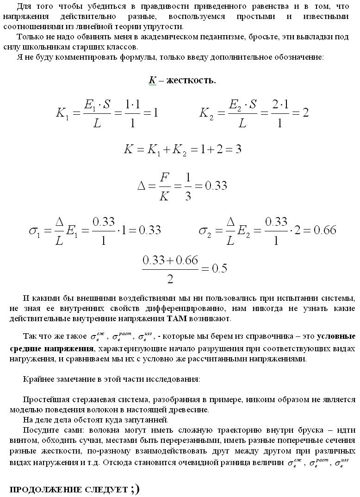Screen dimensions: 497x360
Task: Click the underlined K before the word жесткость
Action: (152, 81)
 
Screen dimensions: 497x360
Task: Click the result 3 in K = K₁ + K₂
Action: (239, 149)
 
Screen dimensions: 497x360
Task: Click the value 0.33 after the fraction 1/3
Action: (216, 186)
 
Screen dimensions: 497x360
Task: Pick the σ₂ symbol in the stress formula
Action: (205, 230)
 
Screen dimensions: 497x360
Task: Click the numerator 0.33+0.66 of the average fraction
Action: (170, 261)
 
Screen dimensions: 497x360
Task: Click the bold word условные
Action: (335, 336)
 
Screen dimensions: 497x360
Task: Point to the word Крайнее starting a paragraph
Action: (37, 379)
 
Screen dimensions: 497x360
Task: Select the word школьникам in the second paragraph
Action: (46, 46)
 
